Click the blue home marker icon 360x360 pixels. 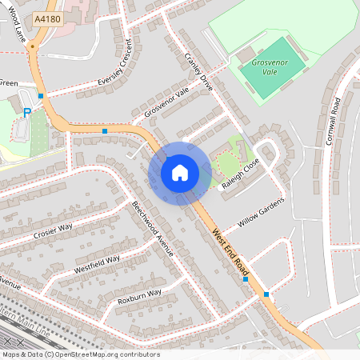180,173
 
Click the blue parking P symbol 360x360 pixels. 26,114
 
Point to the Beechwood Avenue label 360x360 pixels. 153,228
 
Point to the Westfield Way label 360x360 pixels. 97,264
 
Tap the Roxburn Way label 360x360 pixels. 139,296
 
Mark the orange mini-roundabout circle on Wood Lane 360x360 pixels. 32,47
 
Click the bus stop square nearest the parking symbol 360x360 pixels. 40,95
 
